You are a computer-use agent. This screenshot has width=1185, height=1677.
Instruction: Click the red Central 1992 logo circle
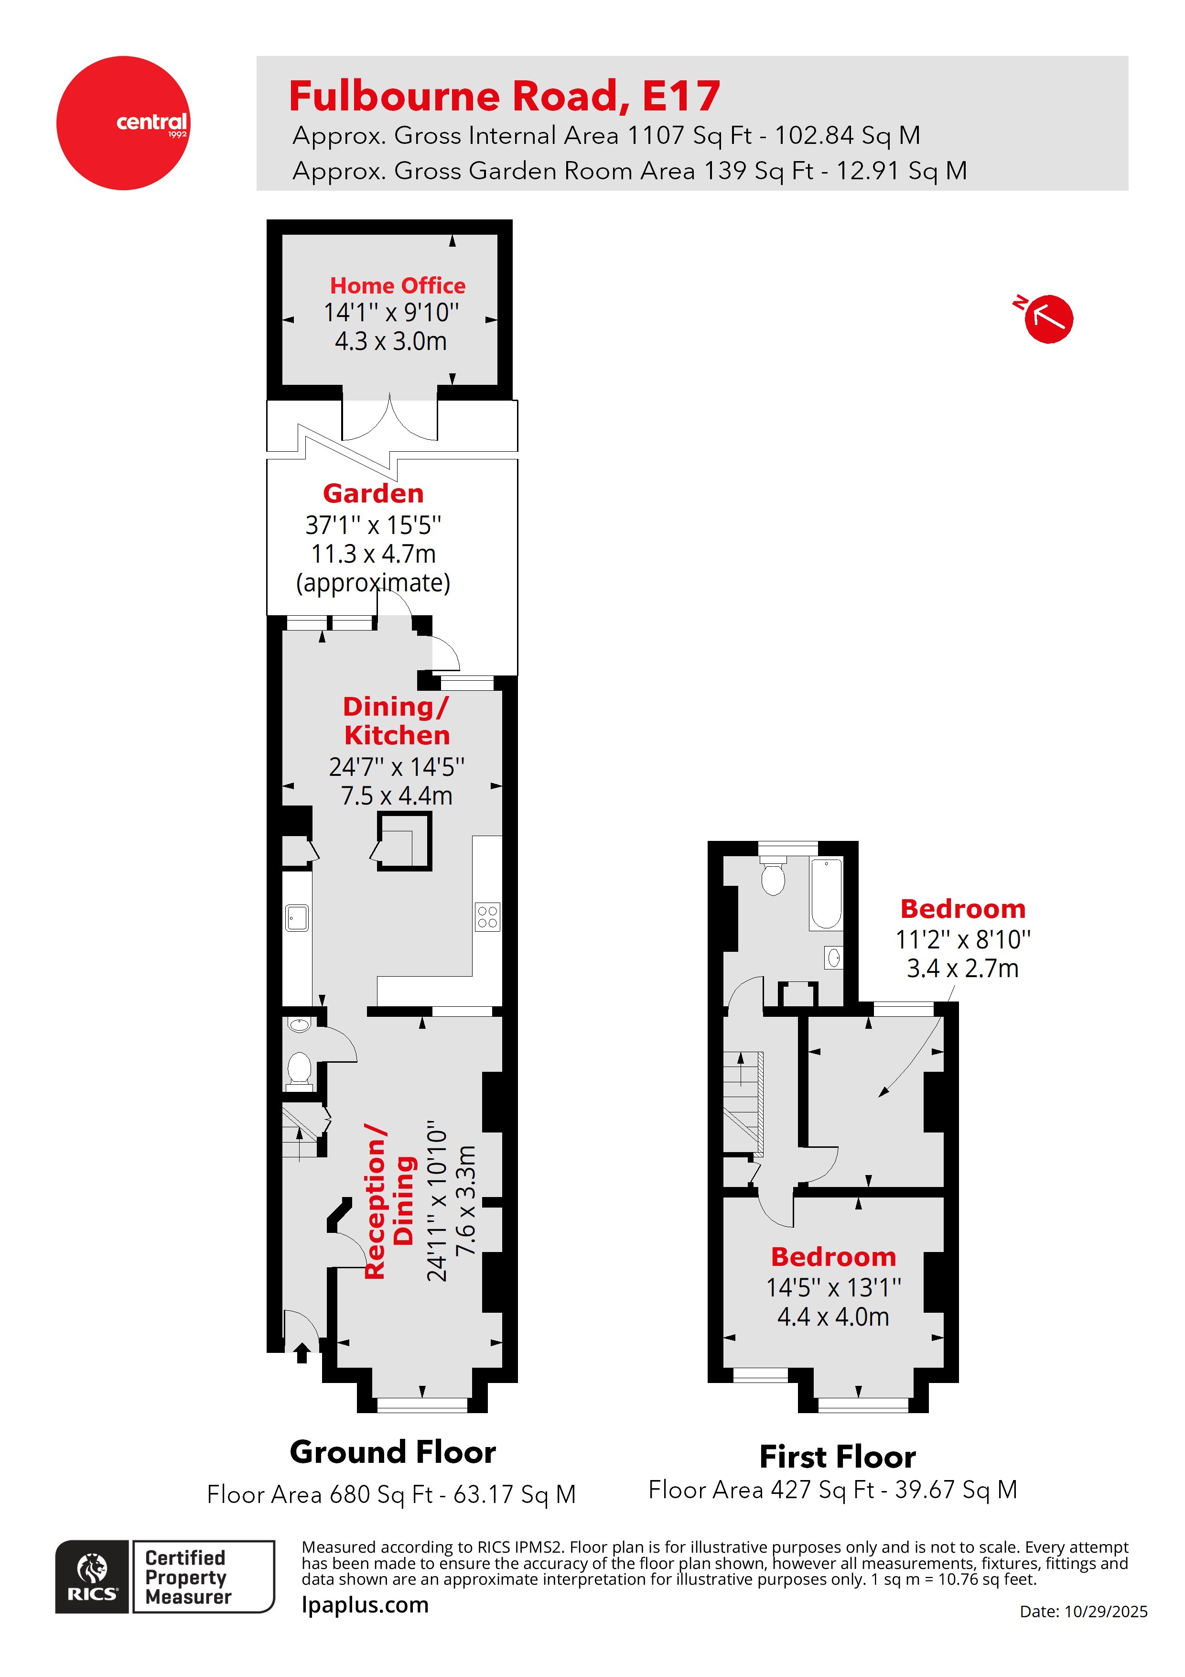[123, 123]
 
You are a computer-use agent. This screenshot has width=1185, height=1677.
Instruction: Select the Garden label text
[373, 494]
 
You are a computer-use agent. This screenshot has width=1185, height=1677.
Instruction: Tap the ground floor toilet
[299, 1068]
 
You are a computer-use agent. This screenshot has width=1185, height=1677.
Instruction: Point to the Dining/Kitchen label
[397, 721]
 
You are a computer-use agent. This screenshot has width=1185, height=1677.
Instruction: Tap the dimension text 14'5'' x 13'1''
[833, 1288]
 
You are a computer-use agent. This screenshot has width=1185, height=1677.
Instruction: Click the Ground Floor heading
[393, 1452]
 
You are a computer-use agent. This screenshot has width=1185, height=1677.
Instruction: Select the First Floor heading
[838, 1457]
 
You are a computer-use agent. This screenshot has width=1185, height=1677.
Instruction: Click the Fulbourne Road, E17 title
[505, 97]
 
